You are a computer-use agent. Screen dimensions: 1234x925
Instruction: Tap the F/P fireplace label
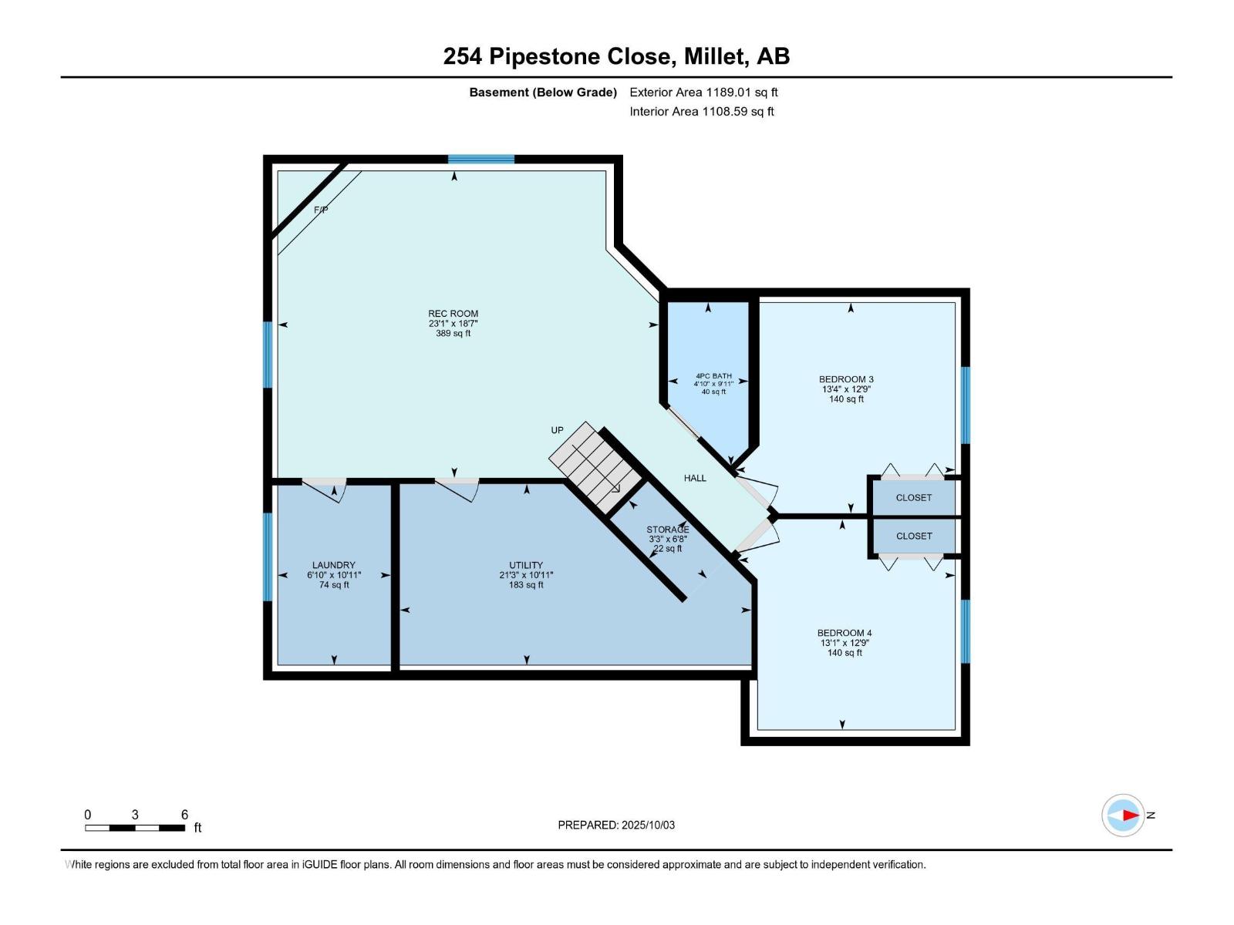pyautogui.click(x=321, y=210)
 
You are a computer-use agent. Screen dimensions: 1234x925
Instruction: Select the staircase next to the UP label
pyautogui.click(x=595, y=467)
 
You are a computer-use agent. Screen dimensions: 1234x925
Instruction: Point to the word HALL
pyautogui.click(x=695, y=478)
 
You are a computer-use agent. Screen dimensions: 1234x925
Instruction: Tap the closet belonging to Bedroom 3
pyautogui.click(x=914, y=498)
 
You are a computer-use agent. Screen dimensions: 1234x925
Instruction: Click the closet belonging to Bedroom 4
pyautogui.click(x=914, y=536)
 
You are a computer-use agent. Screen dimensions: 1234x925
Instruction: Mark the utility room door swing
pyautogui.click(x=457, y=490)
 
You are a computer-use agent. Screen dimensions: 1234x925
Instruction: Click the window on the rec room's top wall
pyautogui.click(x=480, y=159)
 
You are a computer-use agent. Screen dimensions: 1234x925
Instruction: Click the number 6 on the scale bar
pyautogui.click(x=184, y=814)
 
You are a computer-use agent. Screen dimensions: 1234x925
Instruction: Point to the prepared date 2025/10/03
pyautogui.click(x=648, y=825)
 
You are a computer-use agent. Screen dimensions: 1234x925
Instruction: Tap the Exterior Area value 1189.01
pyautogui.click(x=729, y=92)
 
